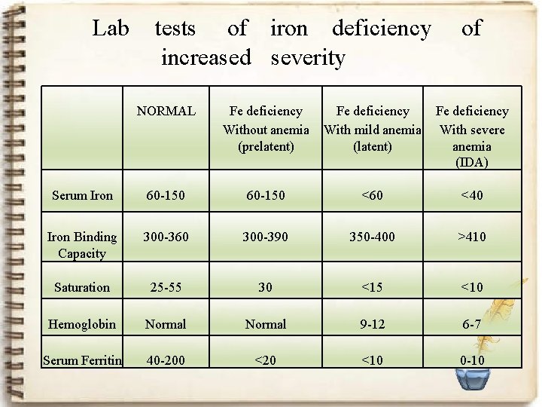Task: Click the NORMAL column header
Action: pyautogui.click(x=166, y=112)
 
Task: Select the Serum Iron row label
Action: pyautogui.click(x=82, y=196)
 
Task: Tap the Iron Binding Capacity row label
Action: pyautogui.click(x=82, y=245)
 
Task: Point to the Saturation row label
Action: pyautogui.click(x=82, y=287)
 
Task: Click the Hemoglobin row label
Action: pyautogui.click(x=82, y=324)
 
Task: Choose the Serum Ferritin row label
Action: pyautogui.click(x=83, y=360)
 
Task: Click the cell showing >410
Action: pyautogui.click(x=472, y=237)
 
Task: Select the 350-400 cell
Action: pyautogui.click(x=372, y=237)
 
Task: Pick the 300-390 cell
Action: pyautogui.click(x=266, y=237)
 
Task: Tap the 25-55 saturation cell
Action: pyautogui.click(x=166, y=287)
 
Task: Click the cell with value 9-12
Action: pyautogui.click(x=372, y=324)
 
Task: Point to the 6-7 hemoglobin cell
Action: pyautogui.click(x=472, y=324)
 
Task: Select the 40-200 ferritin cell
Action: pyautogui.click(x=166, y=360)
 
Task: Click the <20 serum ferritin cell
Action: pyautogui.click(x=266, y=360)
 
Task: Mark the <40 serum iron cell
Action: pyautogui.click(x=472, y=196)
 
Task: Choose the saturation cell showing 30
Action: pyautogui.click(x=266, y=287)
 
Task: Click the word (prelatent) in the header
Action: pyautogui.click(x=266, y=146)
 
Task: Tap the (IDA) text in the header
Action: pyautogui.click(x=472, y=162)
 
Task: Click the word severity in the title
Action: pyautogui.click(x=307, y=58)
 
